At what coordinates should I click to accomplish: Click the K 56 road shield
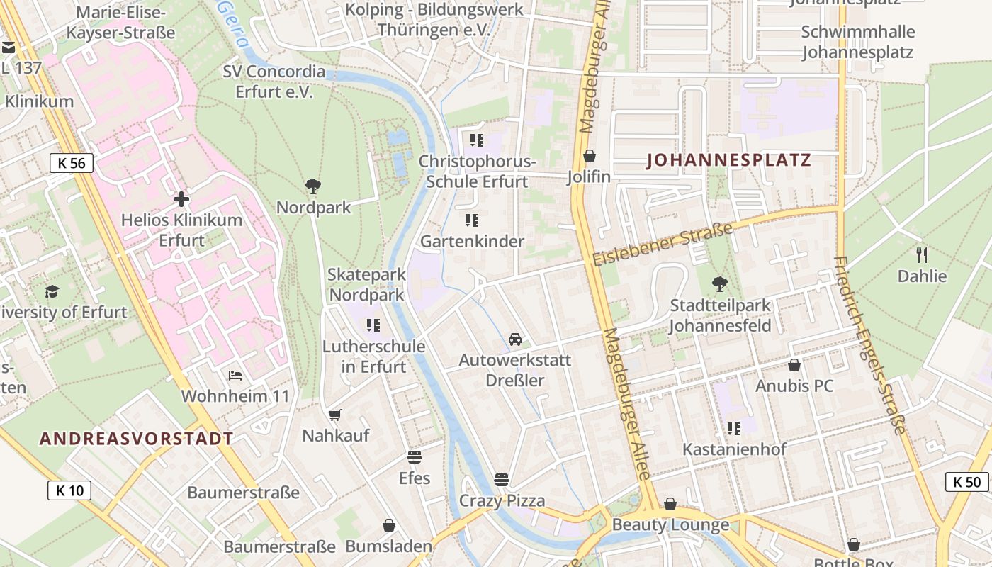pos(72,163)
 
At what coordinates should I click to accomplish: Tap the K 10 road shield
pos(69,490)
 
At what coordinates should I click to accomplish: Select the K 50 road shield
pos(966,482)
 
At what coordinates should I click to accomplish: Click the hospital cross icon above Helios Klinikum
pos(181,199)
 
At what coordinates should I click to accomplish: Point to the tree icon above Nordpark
pos(312,187)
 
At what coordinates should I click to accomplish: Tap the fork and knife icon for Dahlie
pos(922,255)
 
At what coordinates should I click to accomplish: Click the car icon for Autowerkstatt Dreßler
pos(515,339)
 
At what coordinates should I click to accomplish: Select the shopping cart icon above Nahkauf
pos(335,415)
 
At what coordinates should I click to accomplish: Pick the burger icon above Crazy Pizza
pos(502,480)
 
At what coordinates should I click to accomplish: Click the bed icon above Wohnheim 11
pos(235,375)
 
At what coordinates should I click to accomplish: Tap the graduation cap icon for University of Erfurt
pos(52,291)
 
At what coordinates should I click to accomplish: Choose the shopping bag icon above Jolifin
pos(589,156)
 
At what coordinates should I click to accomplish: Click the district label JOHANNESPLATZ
pos(728,160)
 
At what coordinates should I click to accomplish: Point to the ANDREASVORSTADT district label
pos(136,439)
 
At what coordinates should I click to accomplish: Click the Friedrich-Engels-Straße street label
pos(870,345)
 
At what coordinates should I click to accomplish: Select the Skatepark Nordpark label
pos(366,284)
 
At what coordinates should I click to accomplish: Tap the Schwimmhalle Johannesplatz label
pos(857,42)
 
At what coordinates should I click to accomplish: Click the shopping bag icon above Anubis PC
pos(794,365)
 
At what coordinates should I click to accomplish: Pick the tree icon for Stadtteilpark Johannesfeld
pos(720,284)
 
